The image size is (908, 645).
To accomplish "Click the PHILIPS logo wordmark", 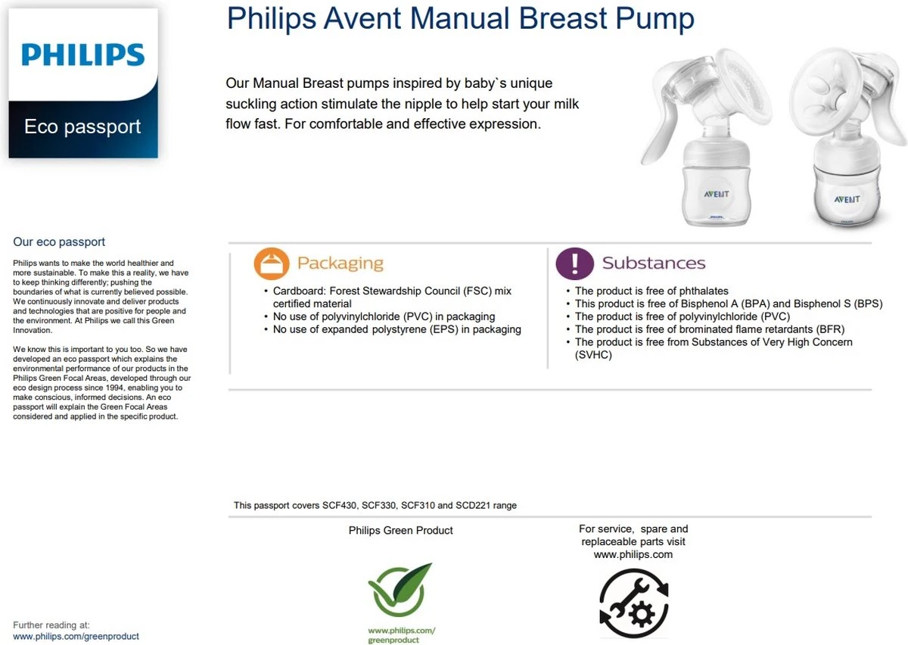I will point(83,55).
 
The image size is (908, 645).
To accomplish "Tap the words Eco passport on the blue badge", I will point(82,126).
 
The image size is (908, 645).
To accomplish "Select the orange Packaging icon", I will point(272,263).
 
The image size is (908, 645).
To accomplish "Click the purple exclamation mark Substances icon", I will point(574,263).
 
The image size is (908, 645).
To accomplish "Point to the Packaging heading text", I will point(340,263).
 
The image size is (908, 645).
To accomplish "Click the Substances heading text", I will point(654,263).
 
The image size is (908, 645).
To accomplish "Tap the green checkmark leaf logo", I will point(400,589).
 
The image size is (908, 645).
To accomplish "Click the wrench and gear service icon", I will point(634,603).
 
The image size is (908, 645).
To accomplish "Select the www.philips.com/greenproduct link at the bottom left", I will point(76,637).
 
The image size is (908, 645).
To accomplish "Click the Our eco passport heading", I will point(59,242).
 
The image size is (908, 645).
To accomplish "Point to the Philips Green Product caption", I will point(400,531).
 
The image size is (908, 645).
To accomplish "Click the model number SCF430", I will point(340,505).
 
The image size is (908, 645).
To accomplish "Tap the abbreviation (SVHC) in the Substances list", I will point(594,354).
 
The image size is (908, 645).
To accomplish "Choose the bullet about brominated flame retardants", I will point(710,329).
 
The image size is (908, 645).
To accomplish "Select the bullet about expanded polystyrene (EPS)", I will point(396,329).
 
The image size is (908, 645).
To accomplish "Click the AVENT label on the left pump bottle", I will point(717,194).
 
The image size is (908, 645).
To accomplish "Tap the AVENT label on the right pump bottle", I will point(847,199).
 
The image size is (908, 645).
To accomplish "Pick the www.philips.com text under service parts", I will point(633,554).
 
